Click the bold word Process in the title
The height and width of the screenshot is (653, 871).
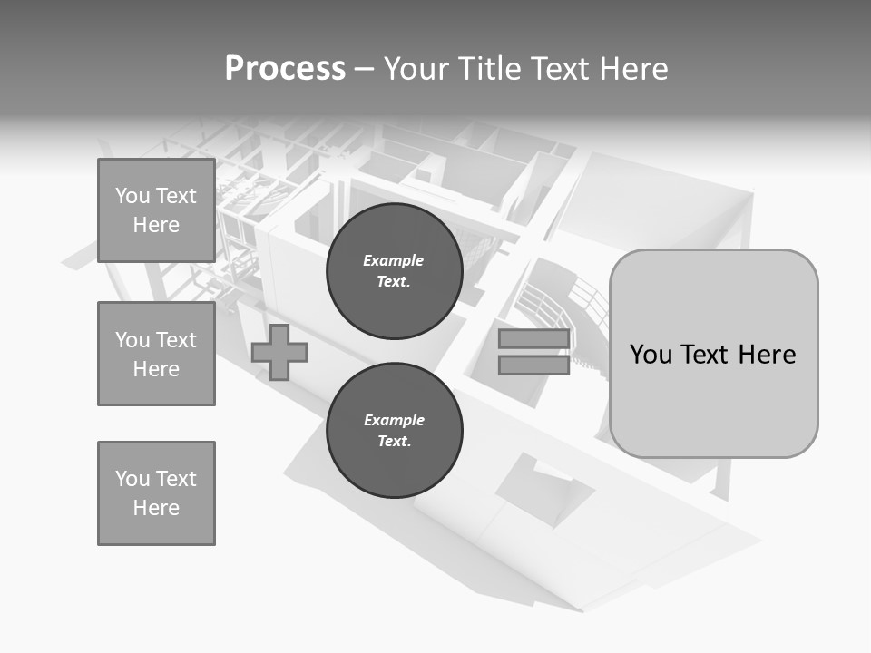click(285, 69)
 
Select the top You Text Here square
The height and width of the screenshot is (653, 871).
click(156, 210)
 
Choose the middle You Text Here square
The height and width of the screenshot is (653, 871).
click(156, 354)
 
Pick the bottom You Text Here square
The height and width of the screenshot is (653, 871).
click(156, 493)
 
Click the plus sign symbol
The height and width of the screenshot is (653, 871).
click(279, 352)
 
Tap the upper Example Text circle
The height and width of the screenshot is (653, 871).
click(394, 271)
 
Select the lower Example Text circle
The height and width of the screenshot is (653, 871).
click(394, 431)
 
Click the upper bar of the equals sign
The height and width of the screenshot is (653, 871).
click(534, 339)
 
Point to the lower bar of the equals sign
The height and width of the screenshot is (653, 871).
click(534, 365)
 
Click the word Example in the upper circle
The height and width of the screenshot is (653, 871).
click(394, 260)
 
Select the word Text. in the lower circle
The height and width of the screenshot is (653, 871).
click(394, 442)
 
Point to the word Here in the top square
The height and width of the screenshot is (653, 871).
click(156, 225)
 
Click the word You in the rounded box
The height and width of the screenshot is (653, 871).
click(651, 355)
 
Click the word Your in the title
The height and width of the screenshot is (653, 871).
click(416, 69)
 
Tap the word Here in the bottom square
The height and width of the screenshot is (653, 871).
click(156, 508)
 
